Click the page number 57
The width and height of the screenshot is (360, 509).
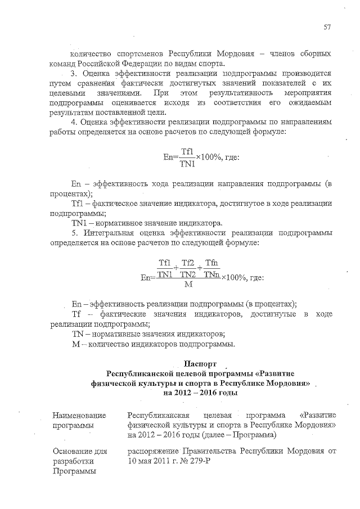327,26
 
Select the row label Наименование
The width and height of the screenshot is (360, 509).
79,415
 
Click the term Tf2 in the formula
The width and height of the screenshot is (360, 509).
188,263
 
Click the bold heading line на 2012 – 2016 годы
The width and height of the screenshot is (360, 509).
205,393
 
